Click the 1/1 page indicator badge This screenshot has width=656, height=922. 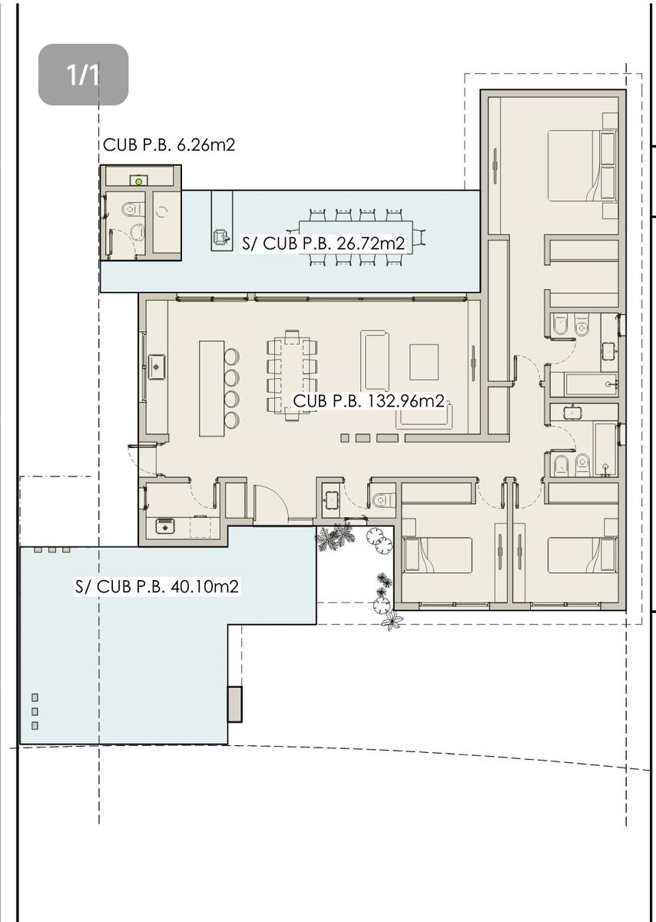(x=83, y=75)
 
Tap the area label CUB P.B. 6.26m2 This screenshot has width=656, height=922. (x=169, y=145)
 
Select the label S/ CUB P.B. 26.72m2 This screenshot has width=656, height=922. (x=323, y=244)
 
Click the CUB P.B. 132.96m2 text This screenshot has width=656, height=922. (x=369, y=400)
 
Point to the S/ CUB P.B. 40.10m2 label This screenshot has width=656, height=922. (x=157, y=586)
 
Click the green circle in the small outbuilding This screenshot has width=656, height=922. (x=139, y=181)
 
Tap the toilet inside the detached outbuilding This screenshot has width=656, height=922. (x=133, y=210)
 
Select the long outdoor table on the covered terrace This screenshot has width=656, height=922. (x=356, y=238)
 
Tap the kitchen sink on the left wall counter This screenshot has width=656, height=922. (x=157, y=366)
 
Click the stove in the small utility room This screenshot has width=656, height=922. (x=165, y=526)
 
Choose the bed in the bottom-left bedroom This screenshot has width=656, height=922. (x=438, y=555)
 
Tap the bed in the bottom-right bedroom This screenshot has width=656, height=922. (x=582, y=555)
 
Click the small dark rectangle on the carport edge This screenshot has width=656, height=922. (x=234, y=704)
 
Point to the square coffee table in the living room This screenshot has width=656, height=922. (x=424, y=362)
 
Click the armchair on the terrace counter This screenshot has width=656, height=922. (x=221, y=237)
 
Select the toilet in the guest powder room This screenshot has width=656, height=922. (x=383, y=500)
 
